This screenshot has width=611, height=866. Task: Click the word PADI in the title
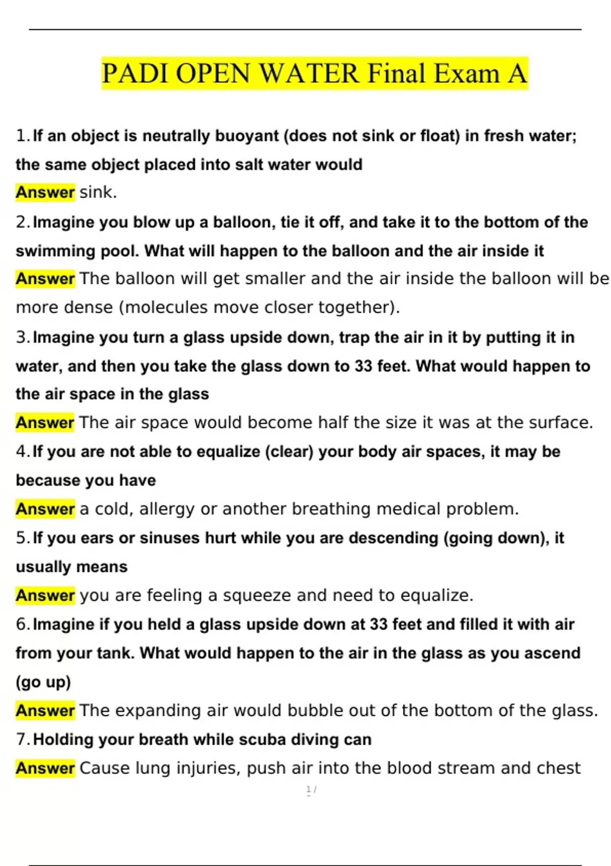pos(135,73)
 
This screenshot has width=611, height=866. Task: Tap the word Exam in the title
pos(466,73)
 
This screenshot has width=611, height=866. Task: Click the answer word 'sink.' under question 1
pos(98,193)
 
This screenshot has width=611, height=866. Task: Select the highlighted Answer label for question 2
pos(45,279)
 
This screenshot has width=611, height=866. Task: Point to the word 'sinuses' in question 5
pos(170,538)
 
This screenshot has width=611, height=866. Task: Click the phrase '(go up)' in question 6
pos(43,682)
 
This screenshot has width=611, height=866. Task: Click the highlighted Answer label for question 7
pos(45,768)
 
